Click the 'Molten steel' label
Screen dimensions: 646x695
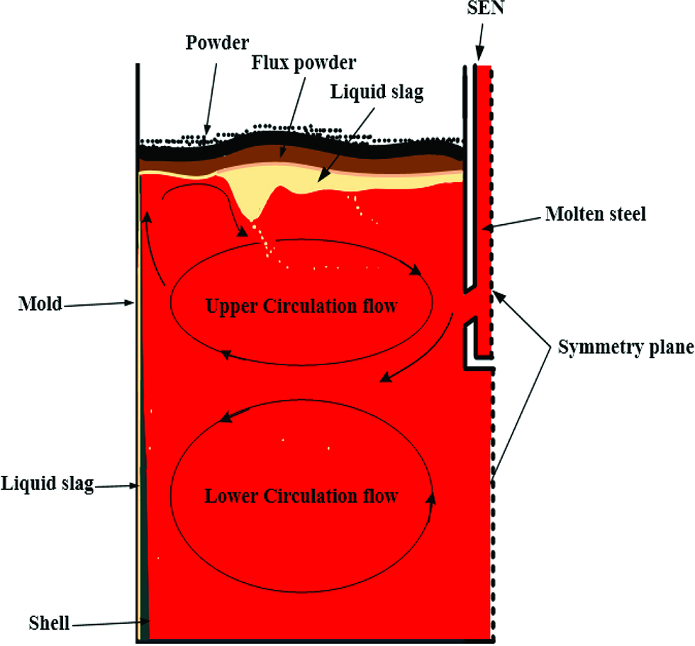[595, 214]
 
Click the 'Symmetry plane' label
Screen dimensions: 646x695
[625, 349]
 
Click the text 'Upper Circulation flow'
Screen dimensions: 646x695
[301, 307]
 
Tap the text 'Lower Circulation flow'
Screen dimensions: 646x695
[301, 494]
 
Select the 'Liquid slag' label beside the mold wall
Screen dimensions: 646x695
[47, 485]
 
